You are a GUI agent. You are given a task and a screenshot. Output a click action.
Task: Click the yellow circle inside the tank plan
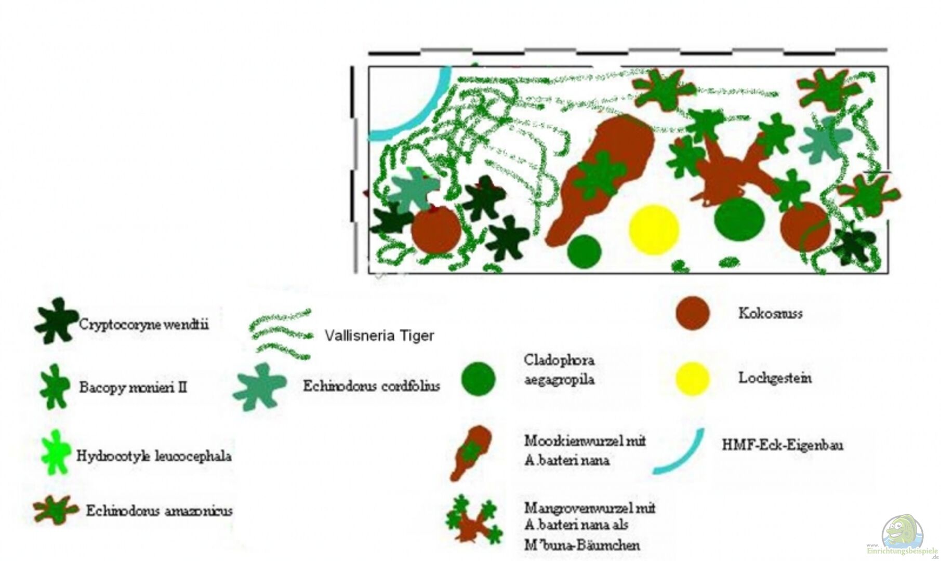[654, 230]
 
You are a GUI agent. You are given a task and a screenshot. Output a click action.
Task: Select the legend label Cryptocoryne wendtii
[143, 325]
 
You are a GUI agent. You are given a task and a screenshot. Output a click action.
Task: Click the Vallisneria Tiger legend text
[379, 336]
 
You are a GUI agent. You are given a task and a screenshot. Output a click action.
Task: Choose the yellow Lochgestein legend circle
[692, 378]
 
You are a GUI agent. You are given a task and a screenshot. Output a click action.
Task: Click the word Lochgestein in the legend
[775, 378]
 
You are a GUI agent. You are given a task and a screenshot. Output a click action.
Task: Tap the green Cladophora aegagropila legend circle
[478, 379]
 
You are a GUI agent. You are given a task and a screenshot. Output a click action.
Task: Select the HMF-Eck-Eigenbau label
[783, 445]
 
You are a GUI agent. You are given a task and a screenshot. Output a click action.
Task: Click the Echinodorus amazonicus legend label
[159, 511]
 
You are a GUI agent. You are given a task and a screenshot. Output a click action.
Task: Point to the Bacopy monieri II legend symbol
[55, 386]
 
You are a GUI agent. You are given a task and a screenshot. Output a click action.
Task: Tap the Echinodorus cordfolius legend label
[372, 386]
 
